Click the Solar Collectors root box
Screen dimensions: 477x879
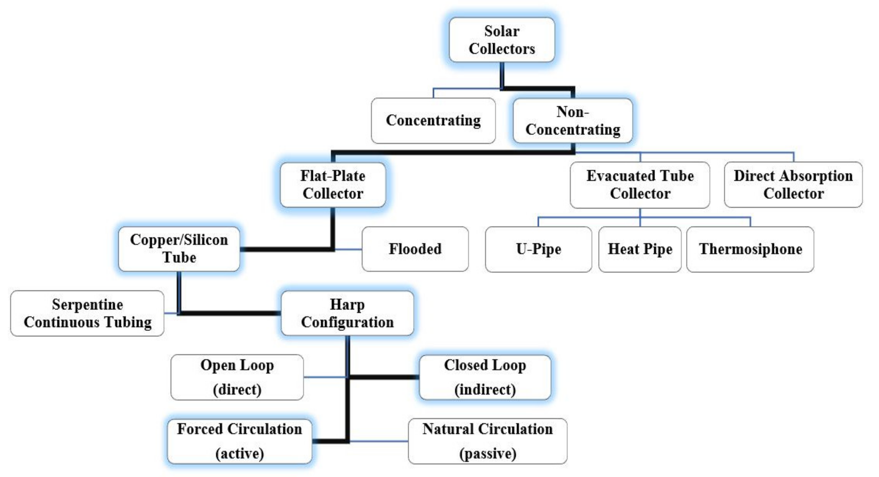click(x=502, y=40)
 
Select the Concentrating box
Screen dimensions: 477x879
click(x=433, y=120)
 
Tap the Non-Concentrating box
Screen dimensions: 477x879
click(x=572, y=120)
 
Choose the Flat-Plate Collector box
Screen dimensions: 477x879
click(x=333, y=185)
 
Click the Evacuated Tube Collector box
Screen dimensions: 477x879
click(x=640, y=185)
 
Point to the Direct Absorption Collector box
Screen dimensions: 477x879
click(x=793, y=185)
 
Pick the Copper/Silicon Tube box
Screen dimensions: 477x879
click(x=179, y=249)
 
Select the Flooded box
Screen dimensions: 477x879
click(x=415, y=249)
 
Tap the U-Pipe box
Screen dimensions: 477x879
click(x=538, y=249)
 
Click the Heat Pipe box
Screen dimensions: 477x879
click(x=640, y=249)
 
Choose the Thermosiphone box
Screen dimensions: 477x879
click(x=750, y=249)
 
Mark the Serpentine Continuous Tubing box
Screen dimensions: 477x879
click(x=87, y=313)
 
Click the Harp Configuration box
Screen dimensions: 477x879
click(x=347, y=313)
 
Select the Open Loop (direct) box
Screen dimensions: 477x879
click(x=237, y=377)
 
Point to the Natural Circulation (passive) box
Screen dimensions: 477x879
click(x=487, y=441)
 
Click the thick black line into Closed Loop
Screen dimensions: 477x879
click(x=384, y=377)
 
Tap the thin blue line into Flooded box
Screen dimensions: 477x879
click(x=348, y=250)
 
